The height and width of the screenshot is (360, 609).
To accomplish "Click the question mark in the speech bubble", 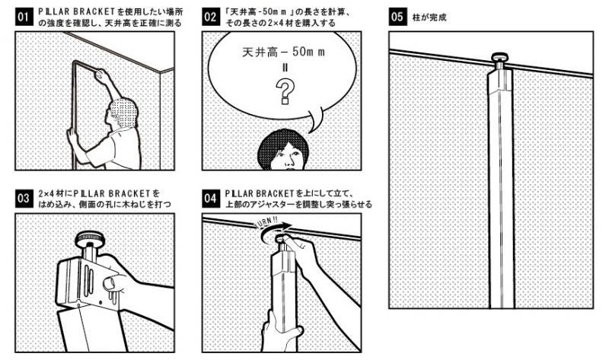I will coord(284,94).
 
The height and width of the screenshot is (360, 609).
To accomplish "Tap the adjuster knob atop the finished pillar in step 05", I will coord(501,58).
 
